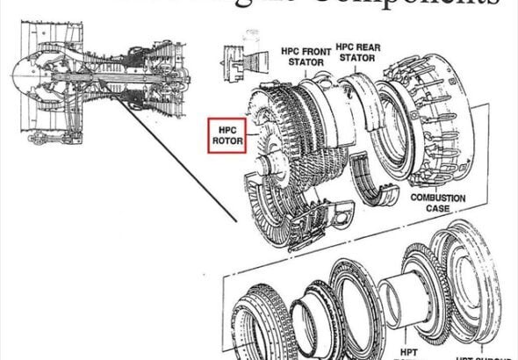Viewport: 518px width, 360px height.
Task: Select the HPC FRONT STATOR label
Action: pyautogui.click(x=307, y=57)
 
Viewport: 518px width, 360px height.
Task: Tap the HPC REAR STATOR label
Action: pyautogui.click(x=357, y=57)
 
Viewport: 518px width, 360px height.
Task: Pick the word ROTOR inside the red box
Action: pyautogui.click(x=227, y=141)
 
